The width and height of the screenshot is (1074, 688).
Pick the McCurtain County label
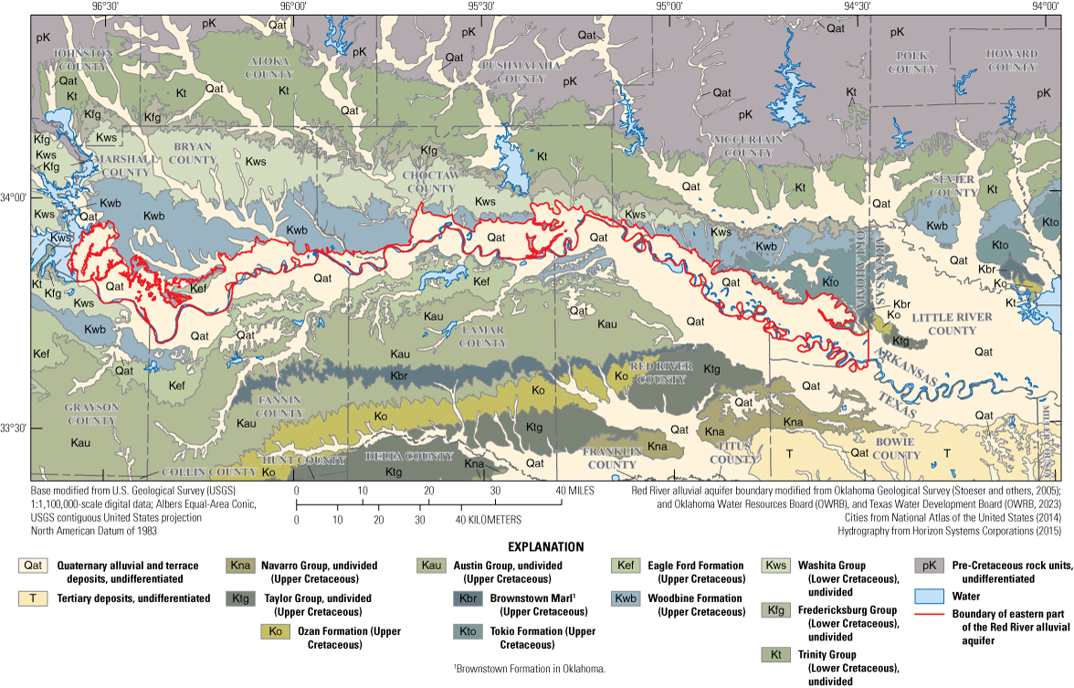[x=748, y=145]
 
